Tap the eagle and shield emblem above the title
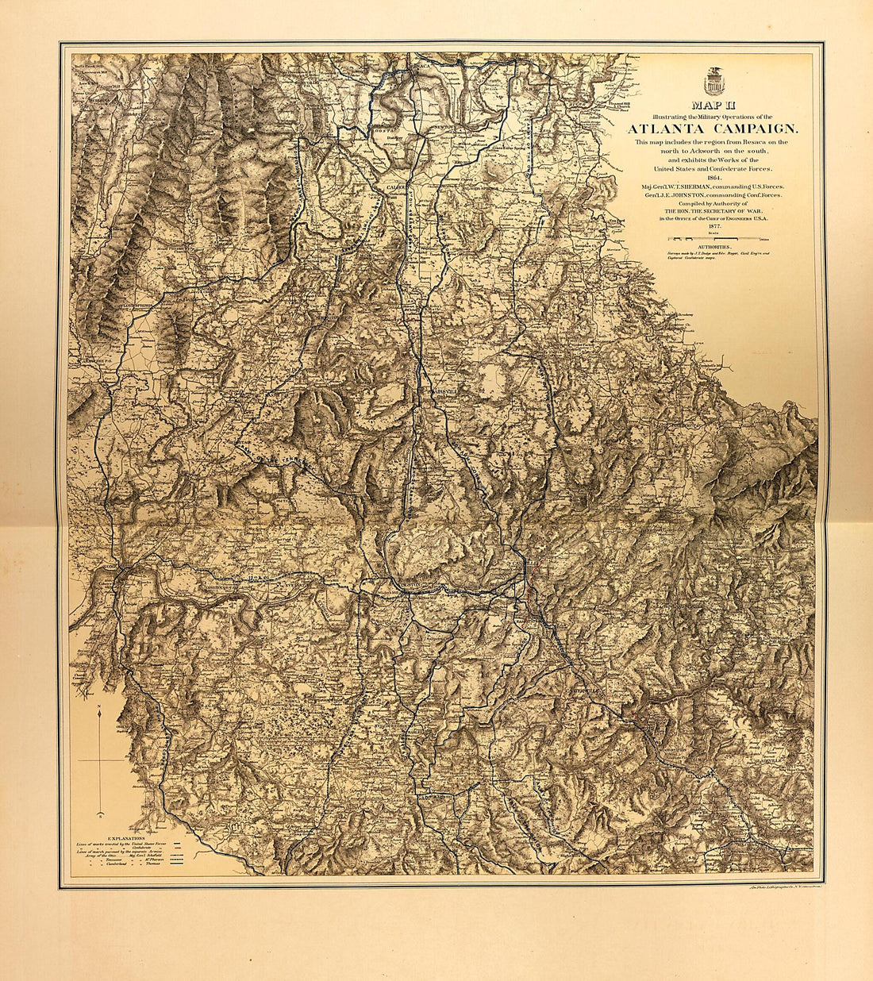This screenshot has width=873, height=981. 713,80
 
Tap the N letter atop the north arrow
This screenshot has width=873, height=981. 98,706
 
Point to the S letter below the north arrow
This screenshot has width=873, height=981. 99,815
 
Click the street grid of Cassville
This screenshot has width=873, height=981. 530,565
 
